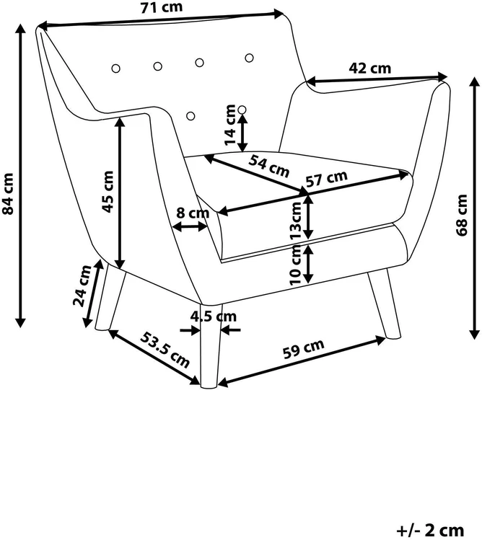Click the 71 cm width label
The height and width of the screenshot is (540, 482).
click(x=162, y=8)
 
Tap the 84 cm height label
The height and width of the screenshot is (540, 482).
click(x=8, y=193)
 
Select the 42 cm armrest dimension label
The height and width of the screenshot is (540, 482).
click(x=370, y=68)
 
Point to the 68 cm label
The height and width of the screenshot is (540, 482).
click(x=462, y=216)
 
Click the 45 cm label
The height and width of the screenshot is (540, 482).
click(x=108, y=192)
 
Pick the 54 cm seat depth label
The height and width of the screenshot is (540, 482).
click(x=269, y=166)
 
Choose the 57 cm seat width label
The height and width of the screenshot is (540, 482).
click(x=327, y=178)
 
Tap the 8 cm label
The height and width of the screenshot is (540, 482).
click(x=193, y=213)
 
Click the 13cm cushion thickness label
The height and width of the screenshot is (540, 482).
click(x=295, y=221)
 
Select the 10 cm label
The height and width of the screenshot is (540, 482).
click(x=296, y=265)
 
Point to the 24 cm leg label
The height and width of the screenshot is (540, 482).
click(x=82, y=286)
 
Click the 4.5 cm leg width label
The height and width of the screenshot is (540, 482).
click(x=214, y=317)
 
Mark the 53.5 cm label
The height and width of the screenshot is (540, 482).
click(x=165, y=350)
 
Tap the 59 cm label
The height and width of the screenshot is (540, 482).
click(x=303, y=349)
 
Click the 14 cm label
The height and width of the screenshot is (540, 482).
click(x=229, y=125)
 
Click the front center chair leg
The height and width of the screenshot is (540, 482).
click(x=210, y=345)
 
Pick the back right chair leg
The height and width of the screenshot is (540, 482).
click(x=385, y=304)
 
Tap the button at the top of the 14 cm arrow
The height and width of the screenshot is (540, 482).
click(x=242, y=110)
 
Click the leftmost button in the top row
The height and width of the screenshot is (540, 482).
click(x=116, y=68)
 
